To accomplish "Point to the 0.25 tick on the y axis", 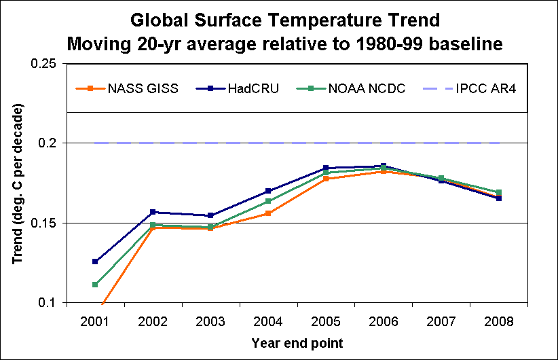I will [x=43, y=64].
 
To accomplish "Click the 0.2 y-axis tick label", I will [x=48, y=143].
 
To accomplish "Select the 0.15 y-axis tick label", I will [x=43, y=223].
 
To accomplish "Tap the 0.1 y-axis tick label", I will [x=48, y=303].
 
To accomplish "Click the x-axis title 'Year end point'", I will [x=297, y=342].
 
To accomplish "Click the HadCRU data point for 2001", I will [x=95, y=262].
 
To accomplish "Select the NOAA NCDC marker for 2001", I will [x=95, y=285].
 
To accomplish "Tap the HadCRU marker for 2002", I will [x=153, y=213].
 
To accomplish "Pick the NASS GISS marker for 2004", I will [x=268, y=213].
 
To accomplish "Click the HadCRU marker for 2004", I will [x=268, y=191].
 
